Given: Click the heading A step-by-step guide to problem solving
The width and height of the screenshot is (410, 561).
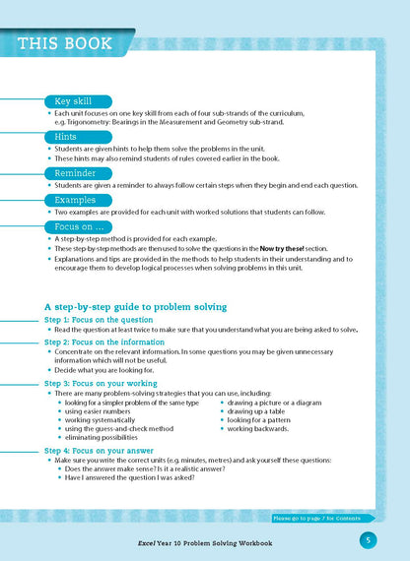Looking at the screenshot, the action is (x=136, y=307).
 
